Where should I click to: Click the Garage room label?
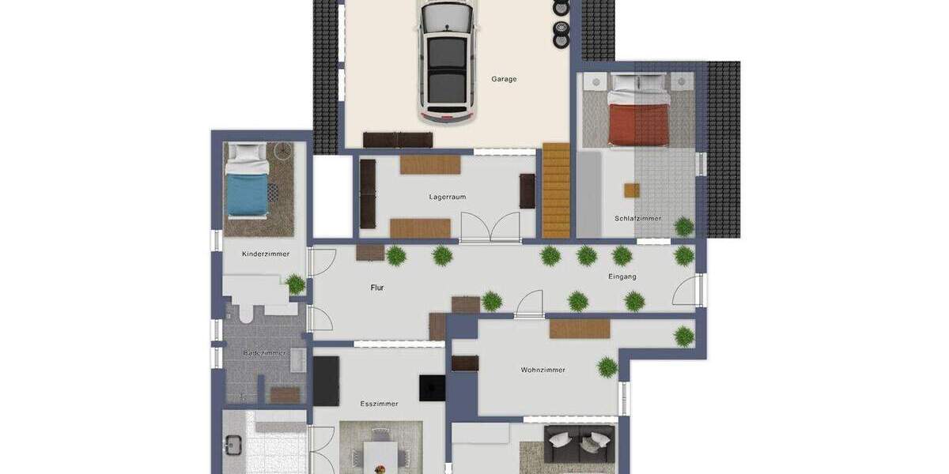coord(504,79)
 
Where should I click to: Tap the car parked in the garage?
coord(449,62)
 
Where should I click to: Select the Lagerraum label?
coord(447,197)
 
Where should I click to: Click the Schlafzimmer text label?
coord(637,219)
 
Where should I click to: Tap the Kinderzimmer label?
coord(265,254)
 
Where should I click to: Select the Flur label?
coord(377,288)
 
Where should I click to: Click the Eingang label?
coord(622,276)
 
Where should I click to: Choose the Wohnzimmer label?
coord(543,370)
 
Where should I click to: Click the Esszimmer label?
coord(379,404)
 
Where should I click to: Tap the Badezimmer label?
coord(264,353)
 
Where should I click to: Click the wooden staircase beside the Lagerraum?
coord(556,190)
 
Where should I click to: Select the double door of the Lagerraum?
coord(490,228)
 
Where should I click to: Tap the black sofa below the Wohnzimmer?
coord(580,444)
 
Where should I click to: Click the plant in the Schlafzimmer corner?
coord(684,227)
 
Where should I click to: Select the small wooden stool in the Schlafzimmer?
coord(631,190)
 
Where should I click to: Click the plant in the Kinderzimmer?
coord(296,284)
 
